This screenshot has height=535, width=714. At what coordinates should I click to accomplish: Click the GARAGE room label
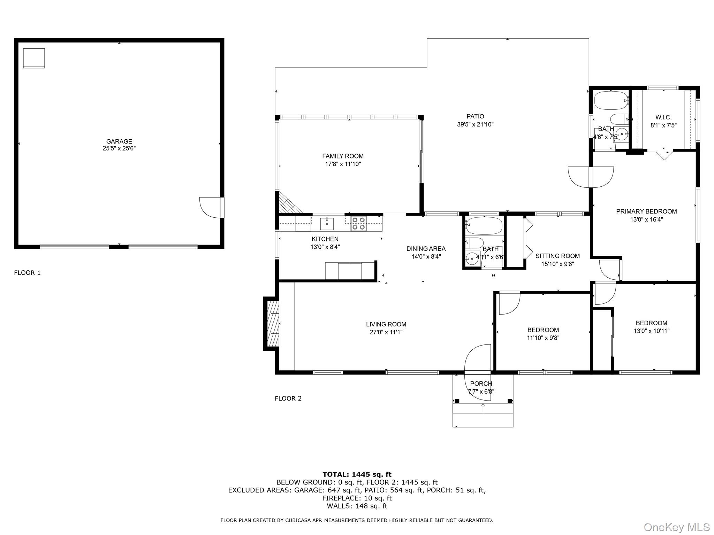119,141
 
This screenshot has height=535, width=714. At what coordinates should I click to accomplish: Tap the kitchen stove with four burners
358,223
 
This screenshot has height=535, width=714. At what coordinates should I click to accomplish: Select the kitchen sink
327,224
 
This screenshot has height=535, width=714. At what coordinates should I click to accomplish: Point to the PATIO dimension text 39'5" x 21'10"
475,124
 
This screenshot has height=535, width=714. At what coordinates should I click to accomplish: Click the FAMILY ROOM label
343,156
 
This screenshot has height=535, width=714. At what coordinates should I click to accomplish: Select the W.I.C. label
663,117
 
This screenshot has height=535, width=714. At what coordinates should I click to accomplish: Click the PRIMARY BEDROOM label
646,211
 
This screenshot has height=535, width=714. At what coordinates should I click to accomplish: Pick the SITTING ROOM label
557,256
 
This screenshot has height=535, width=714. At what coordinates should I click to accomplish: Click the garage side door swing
209,208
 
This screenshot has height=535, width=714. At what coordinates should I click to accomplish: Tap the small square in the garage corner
34,58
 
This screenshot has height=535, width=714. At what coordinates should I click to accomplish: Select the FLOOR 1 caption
27,273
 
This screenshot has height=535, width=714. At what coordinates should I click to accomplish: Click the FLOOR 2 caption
288,398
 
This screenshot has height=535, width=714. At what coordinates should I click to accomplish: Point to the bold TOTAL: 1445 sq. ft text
357,474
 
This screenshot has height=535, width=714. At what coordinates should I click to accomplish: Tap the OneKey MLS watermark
676,527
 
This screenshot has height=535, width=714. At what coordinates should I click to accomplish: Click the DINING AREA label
426,249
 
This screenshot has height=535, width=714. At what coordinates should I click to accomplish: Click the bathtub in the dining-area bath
484,226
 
